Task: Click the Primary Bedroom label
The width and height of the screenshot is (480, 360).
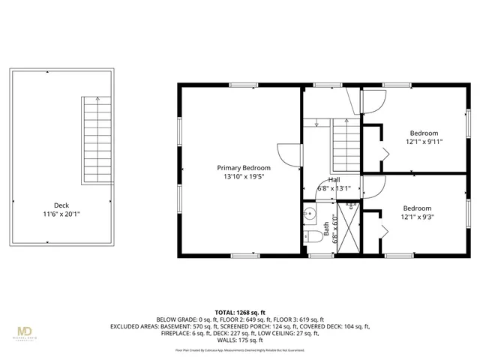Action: coord(244,167)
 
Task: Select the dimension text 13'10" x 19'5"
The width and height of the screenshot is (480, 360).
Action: coord(244,176)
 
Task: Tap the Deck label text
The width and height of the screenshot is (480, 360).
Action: coord(61,205)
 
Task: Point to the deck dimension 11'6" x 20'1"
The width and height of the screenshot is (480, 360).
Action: coord(61,214)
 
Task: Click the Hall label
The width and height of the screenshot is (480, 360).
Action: coord(334,180)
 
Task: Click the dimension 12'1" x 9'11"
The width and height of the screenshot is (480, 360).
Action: coord(425,141)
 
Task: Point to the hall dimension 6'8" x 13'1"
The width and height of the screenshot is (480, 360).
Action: coord(334,189)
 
